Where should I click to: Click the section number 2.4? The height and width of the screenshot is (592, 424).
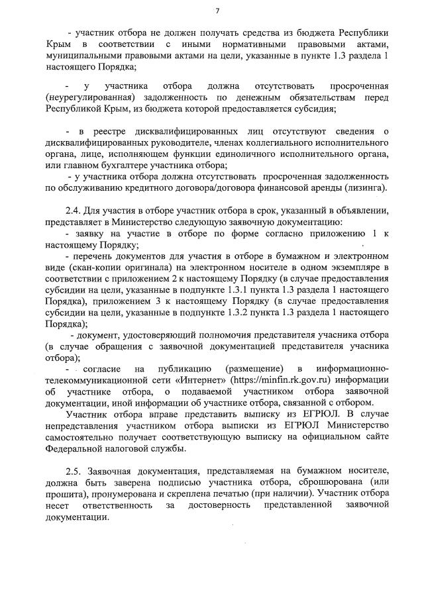click(x=73, y=210)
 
